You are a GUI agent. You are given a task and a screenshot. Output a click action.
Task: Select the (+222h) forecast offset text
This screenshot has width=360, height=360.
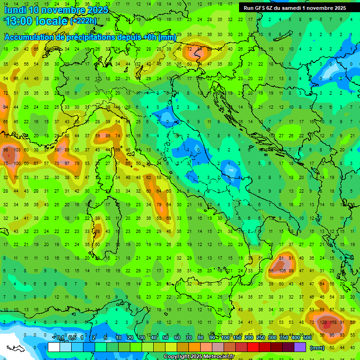click(x=83, y=21)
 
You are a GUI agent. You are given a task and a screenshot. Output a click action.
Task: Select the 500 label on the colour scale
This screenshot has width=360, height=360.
click(x=307, y=337)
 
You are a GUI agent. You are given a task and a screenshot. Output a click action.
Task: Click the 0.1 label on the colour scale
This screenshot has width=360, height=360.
click(x=60, y=337)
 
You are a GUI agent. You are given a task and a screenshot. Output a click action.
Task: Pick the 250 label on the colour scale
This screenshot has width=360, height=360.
click(x=260, y=337)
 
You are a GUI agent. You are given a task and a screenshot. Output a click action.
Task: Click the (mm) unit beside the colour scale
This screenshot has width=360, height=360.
click(x=317, y=348)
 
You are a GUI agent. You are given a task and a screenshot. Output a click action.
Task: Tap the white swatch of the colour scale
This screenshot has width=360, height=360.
click(x=54, y=347)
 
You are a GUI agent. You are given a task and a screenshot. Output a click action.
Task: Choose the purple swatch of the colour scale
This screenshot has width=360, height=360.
click(x=300, y=347)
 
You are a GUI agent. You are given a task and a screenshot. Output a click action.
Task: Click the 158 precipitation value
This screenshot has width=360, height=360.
click(x=334, y=322)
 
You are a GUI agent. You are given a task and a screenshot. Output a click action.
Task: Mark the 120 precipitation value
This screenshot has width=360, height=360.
click(x=323, y=322)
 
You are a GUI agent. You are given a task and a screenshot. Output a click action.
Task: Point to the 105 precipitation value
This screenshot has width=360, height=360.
click(x=282, y=271)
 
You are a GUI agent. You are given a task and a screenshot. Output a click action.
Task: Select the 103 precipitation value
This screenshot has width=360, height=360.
click(x=17, y=150)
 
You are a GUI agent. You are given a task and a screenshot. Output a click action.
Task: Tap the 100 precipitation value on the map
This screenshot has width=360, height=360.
click(x=17, y=163)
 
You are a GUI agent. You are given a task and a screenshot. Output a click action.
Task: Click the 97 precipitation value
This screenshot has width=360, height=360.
click(x=67, y=163)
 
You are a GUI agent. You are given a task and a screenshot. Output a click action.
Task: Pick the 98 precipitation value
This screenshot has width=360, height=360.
click(x=6, y=150)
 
